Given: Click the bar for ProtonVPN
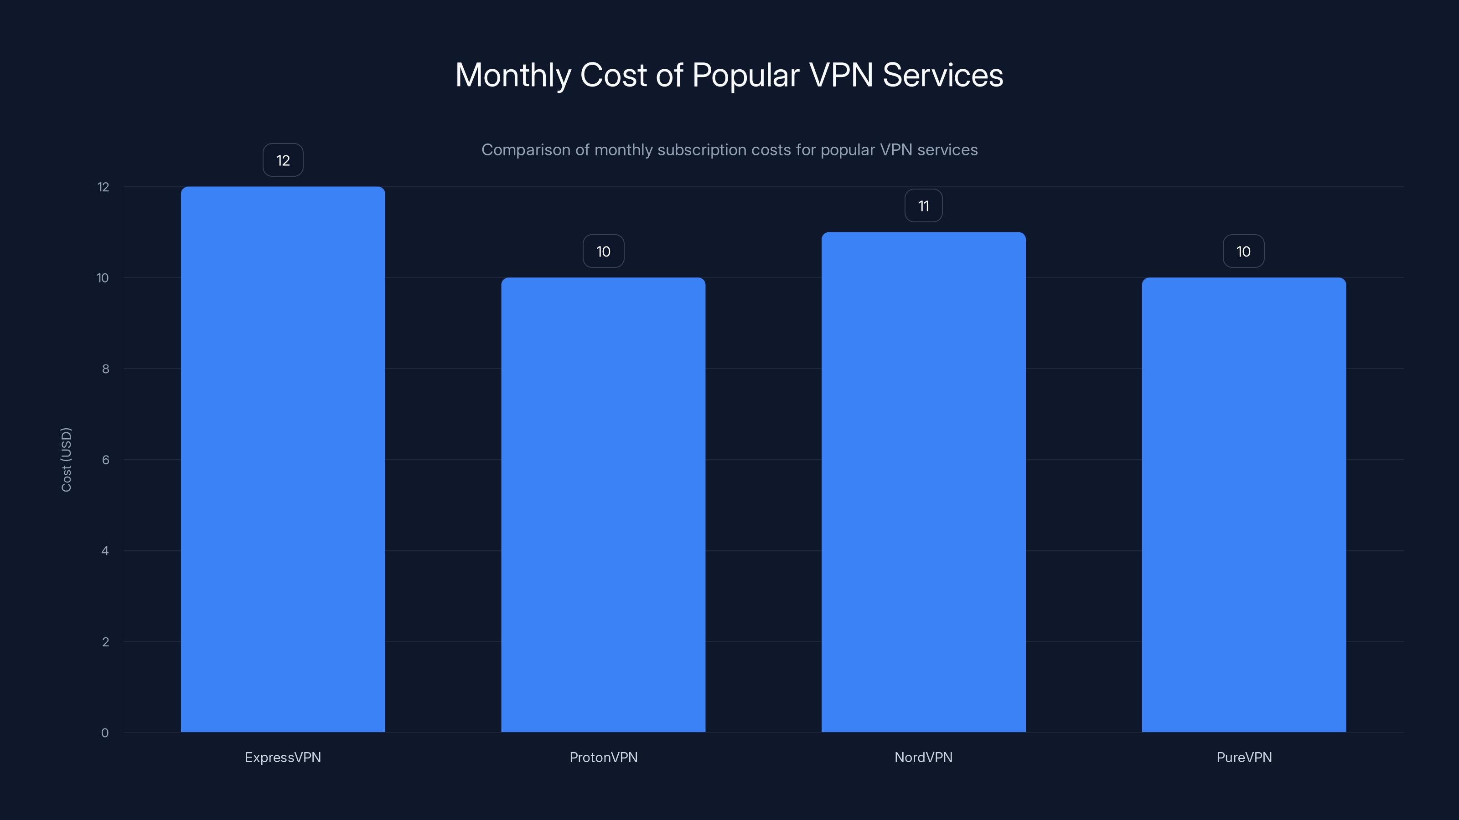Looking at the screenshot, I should (603, 504).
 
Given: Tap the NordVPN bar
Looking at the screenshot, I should (923, 482).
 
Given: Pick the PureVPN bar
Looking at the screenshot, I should (1244, 504).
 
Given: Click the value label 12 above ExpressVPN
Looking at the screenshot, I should (283, 160).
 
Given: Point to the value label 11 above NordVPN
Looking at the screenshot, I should (923, 205).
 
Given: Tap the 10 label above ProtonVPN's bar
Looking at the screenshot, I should (603, 251).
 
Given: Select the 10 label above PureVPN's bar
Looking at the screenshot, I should (1243, 251).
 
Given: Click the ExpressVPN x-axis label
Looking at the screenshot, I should (283, 757).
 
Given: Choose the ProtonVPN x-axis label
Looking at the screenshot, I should (603, 757).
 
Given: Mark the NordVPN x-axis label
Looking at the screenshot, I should (923, 757).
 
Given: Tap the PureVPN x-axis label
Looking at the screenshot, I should (1244, 757).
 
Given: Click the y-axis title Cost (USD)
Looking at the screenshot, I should (66, 460).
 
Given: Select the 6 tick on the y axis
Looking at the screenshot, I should (105, 460).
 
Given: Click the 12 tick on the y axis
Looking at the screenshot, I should (103, 187).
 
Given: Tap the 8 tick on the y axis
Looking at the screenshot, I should (105, 369).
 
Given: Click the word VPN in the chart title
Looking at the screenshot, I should (840, 75).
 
